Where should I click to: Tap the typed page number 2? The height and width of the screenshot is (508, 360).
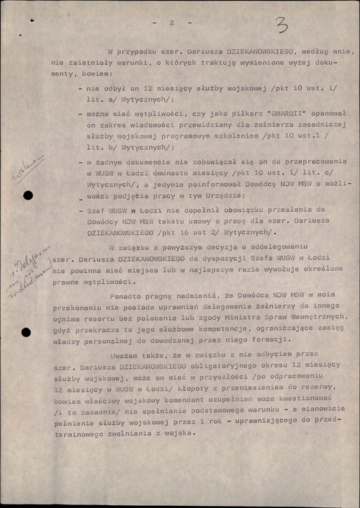pos(172,23)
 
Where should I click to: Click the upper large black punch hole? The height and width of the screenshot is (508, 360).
pos(27,195)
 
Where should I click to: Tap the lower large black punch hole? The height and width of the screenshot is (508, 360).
pos(27,332)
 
